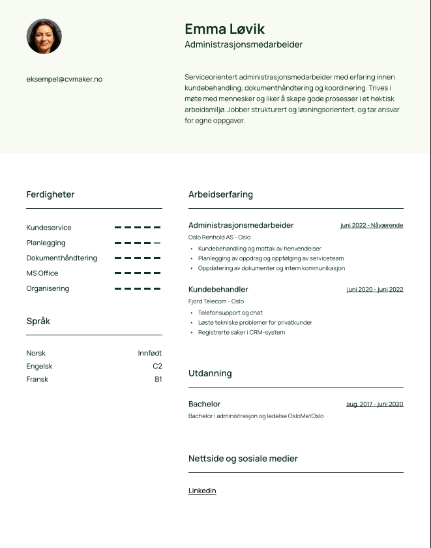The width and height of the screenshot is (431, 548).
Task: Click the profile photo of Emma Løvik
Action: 44,36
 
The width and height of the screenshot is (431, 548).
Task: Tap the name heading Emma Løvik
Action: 224,29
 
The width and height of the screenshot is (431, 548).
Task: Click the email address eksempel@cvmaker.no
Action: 64,79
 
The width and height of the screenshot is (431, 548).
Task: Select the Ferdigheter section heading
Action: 50,194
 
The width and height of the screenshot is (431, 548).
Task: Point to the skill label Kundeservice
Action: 49,228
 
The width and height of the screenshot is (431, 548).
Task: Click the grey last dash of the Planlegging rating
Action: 157,243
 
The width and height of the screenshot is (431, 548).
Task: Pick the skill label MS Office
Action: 42,273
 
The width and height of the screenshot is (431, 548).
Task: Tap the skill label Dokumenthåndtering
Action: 61,258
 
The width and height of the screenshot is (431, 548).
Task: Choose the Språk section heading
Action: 38,321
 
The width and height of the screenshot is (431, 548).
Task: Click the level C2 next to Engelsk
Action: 157,366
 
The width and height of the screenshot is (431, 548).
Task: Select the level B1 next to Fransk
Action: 158,379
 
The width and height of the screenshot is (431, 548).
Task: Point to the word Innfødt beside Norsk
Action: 149,353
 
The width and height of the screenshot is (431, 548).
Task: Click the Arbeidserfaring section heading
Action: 220,194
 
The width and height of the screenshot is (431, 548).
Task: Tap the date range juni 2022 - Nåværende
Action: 372,225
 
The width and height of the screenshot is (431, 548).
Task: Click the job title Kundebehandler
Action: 218,289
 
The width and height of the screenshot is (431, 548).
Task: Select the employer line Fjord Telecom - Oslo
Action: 216,301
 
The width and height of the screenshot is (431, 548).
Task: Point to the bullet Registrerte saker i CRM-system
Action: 241,332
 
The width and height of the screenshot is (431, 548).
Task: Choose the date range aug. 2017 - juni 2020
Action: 374,404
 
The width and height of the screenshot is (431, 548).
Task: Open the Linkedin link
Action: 202,491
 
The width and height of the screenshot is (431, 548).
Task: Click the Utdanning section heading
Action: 210,373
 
